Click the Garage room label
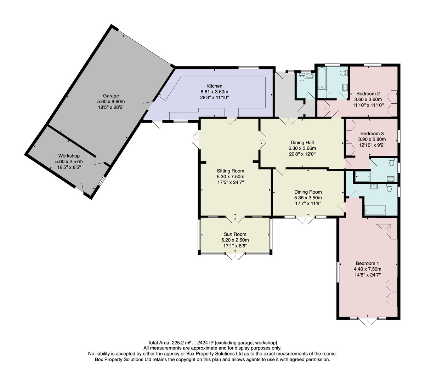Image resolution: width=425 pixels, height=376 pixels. (111, 96)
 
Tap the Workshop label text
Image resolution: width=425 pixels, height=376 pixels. (69, 156)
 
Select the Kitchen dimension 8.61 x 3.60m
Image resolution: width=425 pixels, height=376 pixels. (214, 92)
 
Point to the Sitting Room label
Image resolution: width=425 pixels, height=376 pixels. (230, 171)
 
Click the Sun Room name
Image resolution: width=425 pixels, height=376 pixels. (235, 234)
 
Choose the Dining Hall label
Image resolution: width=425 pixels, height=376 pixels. (302, 143)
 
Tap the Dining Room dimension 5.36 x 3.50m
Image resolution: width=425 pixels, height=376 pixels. (308, 198)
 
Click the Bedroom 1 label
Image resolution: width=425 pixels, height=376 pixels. (367, 263)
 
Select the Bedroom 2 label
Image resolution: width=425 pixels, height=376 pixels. (368, 94)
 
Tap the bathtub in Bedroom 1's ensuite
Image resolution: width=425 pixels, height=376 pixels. (375, 210)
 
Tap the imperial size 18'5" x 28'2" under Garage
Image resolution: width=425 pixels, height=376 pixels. (111, 107)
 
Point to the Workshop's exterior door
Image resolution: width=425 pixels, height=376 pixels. (80, 188)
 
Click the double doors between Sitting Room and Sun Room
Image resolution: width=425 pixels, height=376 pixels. (235, 219)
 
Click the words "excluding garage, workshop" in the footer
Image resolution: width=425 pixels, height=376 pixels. (246, 343)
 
